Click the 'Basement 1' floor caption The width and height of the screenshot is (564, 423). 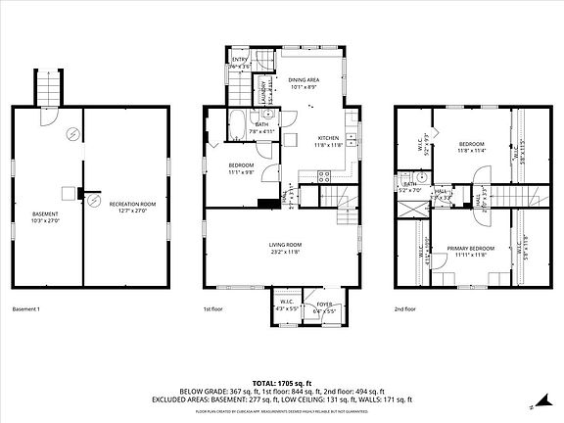click(26, 309)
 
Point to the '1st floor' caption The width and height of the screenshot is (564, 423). click(213, 309)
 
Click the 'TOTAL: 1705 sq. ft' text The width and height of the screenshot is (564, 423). click(282, 382)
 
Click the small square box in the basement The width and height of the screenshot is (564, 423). click(68, 193)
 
